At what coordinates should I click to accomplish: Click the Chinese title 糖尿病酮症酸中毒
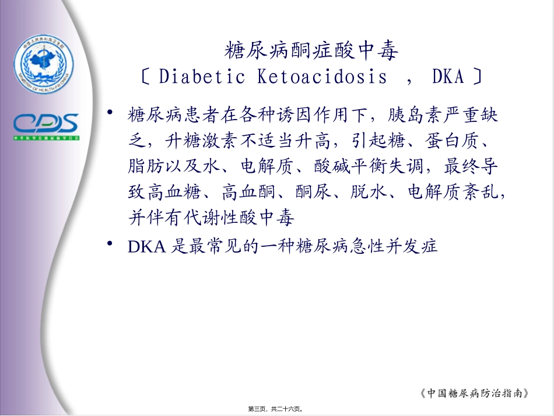click(x=311, y=51)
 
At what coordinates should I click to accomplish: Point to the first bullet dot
click(x=110, y=113)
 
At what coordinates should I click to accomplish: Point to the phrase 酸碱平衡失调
click(x=374, y=166)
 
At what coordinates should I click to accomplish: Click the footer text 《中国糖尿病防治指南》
click(x=475, y=393)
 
